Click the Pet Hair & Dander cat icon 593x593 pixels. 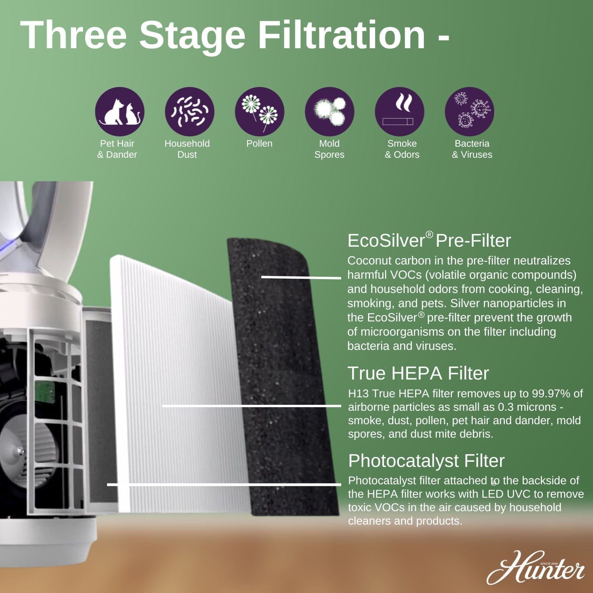(x=119, y=112)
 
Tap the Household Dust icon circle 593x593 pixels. (x=189, y=112)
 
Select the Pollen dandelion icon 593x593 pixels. (x=259, y=112)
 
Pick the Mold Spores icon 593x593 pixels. (x=329, y=112)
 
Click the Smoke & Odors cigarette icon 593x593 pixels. (x=399, y=112)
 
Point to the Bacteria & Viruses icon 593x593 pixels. (x=469, y=112)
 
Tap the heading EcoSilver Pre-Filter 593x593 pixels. (x=429, y=240)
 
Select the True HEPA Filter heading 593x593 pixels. (x=418, y=373)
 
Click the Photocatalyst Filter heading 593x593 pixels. (x=426, y=461)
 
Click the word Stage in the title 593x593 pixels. (x=192, y=36)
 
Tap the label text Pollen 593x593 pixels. (x=259, y=144)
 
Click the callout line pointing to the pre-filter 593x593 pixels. (x=300, y=277)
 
